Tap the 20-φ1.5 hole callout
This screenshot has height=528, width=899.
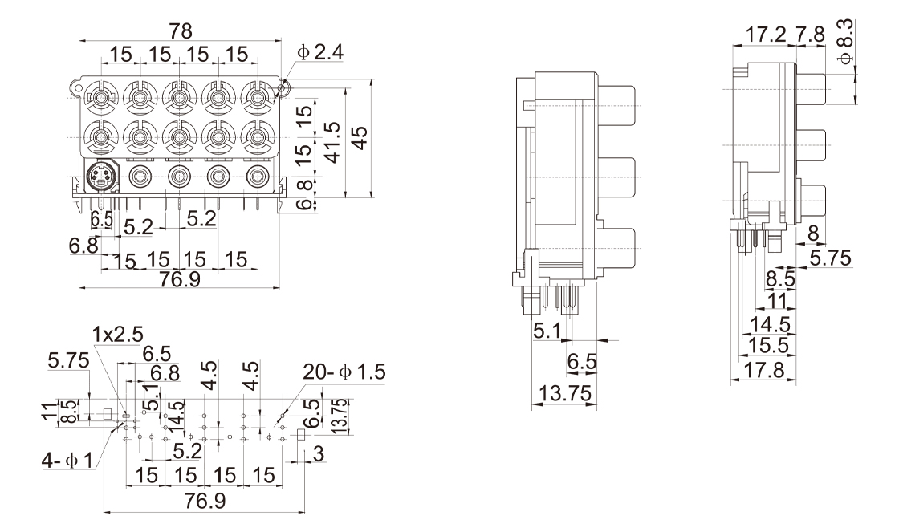pos(344,372)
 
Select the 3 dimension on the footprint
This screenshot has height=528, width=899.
pos(319,455)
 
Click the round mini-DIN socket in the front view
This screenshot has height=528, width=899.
pos(101,176)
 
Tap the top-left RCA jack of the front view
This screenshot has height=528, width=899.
pos(102,100)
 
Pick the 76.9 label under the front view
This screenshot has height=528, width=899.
pos(180,282)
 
